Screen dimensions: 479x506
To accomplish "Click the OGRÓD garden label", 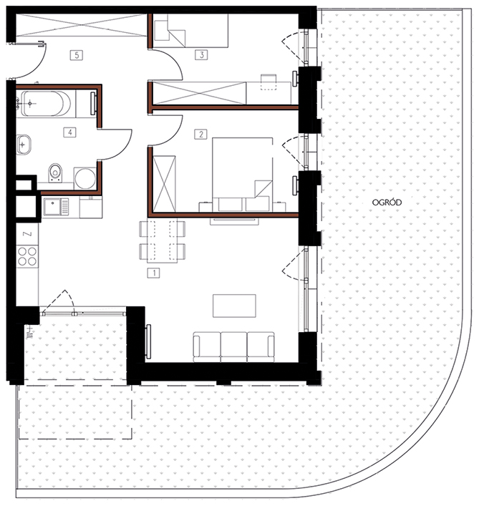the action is coord(387,203).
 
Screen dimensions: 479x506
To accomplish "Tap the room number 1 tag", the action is coord(154,273).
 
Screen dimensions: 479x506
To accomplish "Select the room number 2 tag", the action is coord(200,134).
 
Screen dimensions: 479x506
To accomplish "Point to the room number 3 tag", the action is coord(201,55).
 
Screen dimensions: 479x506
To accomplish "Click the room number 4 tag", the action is coord(70,132).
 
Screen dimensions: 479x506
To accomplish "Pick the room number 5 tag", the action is coord(77,55).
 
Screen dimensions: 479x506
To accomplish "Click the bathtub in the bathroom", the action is coord(46,104).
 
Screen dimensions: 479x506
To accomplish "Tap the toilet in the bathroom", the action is coord(55,172).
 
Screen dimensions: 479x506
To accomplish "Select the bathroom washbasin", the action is coord(24,145).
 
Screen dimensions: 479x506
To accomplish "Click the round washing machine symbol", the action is coord(85,178).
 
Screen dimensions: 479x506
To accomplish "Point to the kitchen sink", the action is coord(56,207).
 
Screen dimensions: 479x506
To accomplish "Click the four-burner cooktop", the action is coord(27,256).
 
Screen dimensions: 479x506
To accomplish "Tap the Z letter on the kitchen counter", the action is coord(28,233).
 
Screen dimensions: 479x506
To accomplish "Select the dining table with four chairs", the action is coord(163,241).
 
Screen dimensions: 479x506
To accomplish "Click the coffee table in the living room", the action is coord(234,306).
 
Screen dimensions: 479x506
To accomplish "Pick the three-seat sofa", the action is coord(233,347).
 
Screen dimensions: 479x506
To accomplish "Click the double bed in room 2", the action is coord(243,175).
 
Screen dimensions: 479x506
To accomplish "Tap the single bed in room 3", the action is coord(191,31).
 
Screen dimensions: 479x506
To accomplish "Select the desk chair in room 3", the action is coord(268,82).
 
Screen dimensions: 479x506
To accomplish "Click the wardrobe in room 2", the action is coord(164,184).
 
